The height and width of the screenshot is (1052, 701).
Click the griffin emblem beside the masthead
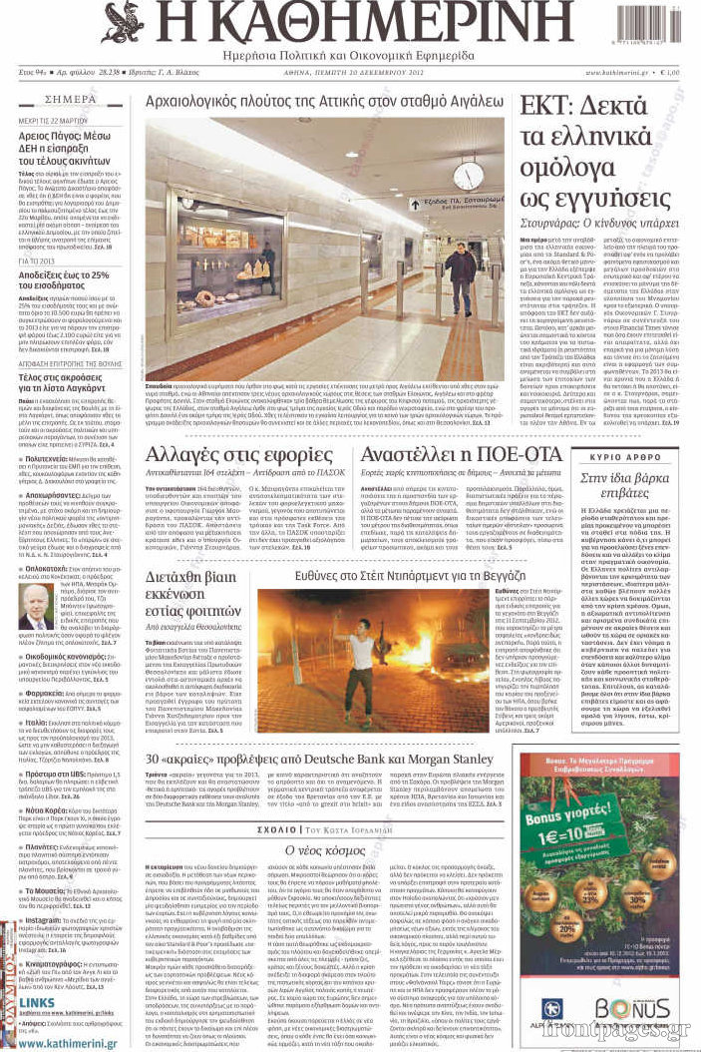click(123, 21)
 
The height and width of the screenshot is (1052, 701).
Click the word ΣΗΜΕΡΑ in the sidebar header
click(71, 100)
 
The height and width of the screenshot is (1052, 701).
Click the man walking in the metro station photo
click(460, 276)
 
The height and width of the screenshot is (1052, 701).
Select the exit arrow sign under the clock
click(415, 204)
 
